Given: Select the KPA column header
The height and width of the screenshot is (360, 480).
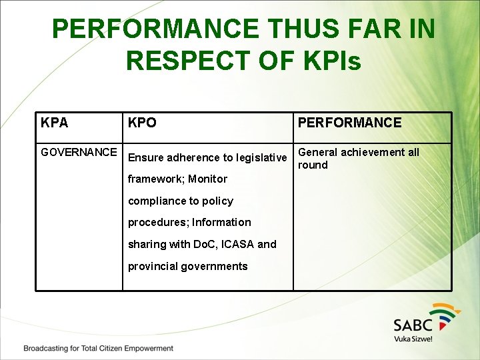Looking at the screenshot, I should [x=54, y=123].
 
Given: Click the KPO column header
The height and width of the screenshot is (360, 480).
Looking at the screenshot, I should [x=142, y=123].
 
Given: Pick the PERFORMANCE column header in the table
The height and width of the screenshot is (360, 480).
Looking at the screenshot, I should [x=349, y=123].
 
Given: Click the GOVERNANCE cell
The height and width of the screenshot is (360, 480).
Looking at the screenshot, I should [x=79, y=152].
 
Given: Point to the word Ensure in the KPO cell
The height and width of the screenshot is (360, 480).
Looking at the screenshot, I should [x=146, y=158].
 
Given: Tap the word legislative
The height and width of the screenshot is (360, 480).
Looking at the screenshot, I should [x=261, y=158].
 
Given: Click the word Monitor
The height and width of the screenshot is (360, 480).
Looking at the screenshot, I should [x=207, y=179].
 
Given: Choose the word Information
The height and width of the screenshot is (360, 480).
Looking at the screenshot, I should [x=222, y=222].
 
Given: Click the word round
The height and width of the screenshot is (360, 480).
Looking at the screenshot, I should [x=313, y=165].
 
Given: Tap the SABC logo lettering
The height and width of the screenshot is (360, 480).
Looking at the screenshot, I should [x=413, y=325].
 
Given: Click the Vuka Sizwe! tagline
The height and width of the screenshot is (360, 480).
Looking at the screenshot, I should [x=413, y=339].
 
